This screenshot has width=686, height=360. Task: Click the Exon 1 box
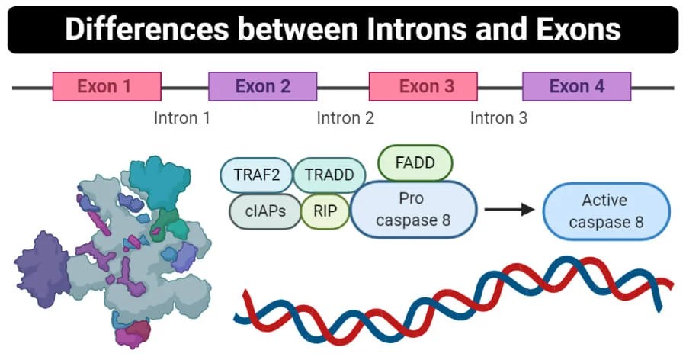click(106, 86)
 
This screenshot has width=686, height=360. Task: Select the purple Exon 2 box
click(263, 86)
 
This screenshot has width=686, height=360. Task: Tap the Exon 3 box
click(423, 86)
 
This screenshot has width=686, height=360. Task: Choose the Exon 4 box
click(576, 86)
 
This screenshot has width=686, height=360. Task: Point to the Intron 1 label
click(181, 118)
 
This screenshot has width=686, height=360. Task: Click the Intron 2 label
click(345, 118)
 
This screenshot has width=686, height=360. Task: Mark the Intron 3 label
click(498, 118)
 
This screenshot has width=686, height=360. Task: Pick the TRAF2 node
click(255, 175)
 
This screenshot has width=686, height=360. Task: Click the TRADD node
click(329, 175)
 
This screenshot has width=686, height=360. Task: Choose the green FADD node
click(415, 162)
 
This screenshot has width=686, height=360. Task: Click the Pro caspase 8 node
click(414, 210)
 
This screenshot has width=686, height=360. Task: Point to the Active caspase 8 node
click(606, 211)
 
